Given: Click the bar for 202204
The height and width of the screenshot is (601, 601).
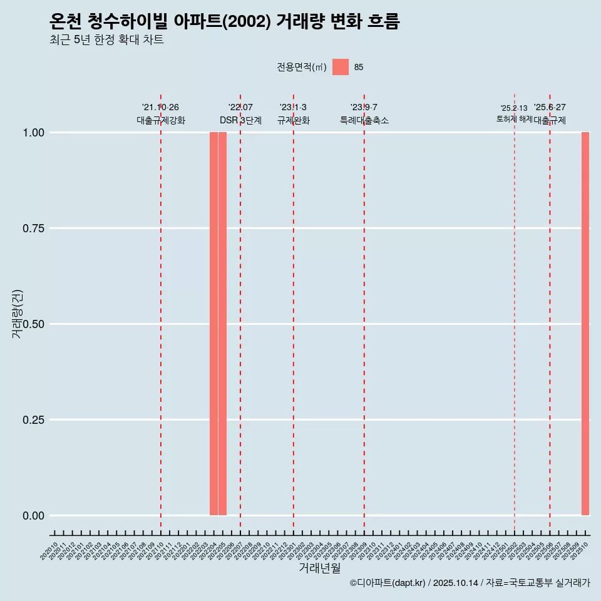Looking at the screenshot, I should point(213,324).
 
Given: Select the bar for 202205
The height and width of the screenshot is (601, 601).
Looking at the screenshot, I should point(222,324).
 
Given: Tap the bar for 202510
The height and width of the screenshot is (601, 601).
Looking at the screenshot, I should point(585,324).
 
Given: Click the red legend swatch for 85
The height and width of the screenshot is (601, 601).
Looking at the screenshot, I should point(340,67).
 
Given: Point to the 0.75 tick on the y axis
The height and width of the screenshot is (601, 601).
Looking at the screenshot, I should point(34,229).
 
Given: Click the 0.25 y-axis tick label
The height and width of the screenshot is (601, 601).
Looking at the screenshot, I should point(34,420).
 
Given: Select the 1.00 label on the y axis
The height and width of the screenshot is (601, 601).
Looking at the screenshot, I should point(34,133).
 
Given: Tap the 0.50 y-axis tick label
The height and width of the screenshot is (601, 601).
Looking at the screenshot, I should point(34,324).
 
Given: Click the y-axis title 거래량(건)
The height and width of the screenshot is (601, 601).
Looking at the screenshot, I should point(17,314).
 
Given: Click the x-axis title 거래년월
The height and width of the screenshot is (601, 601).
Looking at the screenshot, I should point(319,568).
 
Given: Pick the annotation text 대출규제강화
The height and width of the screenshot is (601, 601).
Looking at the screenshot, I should point(161,121).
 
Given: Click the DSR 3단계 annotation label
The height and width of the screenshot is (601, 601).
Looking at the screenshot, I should point(240,121).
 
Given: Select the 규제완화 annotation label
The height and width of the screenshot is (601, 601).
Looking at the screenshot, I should point(294,121).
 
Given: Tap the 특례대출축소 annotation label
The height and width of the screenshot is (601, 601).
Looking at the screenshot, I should point(364,121).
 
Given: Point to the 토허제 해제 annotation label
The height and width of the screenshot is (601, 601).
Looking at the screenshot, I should point(514,119).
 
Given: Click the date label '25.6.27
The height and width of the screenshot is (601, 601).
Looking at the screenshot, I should point(550,108).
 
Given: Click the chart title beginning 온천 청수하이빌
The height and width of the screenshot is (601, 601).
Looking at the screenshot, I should point(224,22).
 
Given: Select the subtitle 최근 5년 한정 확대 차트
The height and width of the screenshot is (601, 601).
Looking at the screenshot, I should point(106,40).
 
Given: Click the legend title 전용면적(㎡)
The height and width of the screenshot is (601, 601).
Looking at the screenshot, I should point(302,68).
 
